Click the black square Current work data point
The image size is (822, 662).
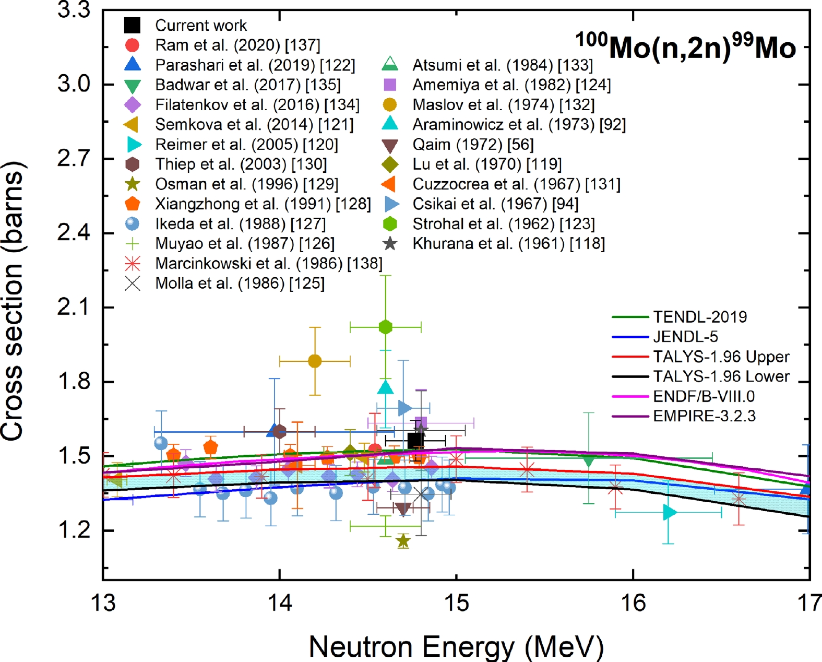415,441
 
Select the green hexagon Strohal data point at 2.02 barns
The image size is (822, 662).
385,327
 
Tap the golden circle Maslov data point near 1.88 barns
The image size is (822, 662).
315,361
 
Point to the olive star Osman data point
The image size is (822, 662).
402,541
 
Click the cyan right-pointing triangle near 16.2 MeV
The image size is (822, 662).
670,512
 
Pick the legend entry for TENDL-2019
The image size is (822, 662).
699,317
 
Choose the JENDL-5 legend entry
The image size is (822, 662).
685,337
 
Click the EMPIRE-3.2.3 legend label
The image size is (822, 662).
704,416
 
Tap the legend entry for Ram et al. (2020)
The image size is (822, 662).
237,45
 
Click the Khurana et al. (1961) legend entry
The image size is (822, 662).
508,244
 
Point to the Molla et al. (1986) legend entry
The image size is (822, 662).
240,283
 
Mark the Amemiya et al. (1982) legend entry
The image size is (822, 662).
511,85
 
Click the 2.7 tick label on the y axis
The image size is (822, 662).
74,159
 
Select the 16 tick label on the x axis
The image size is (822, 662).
633,604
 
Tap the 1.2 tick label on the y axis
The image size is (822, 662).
74,530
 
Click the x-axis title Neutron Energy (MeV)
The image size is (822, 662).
456,646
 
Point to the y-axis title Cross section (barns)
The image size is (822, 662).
13,301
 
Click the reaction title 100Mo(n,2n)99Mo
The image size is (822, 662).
685,47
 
